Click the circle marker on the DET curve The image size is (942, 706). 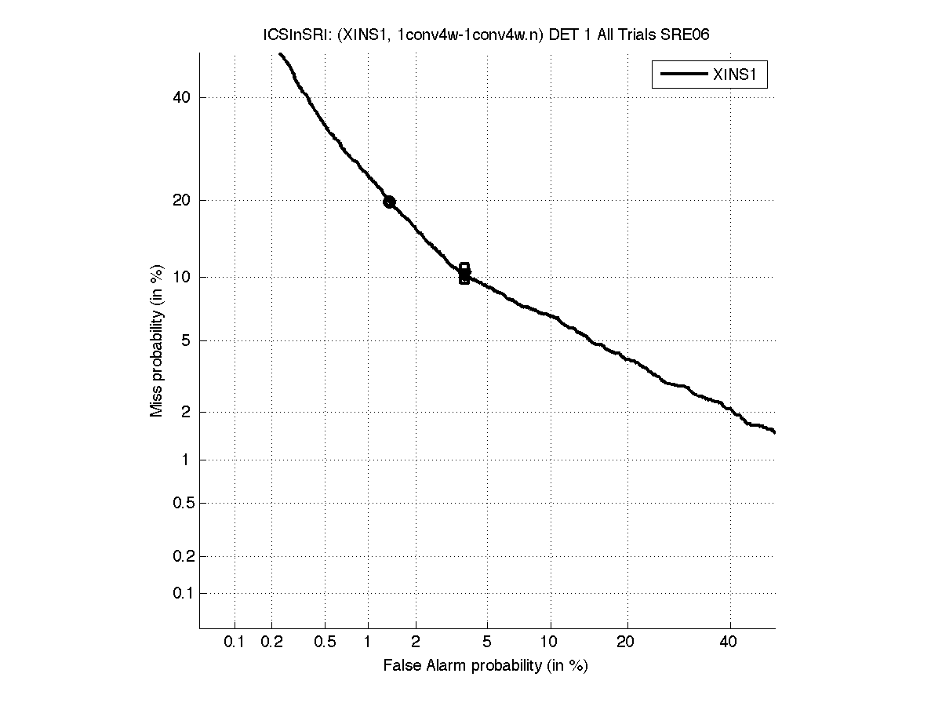(389, 202)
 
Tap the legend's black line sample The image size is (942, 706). (682, 75)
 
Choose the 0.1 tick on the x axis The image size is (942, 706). (235, 642)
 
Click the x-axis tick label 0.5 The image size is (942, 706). (325, 642)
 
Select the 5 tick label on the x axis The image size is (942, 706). (487, 642)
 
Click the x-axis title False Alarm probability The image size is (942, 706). (486, 666)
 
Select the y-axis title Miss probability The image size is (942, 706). (158, 340)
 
